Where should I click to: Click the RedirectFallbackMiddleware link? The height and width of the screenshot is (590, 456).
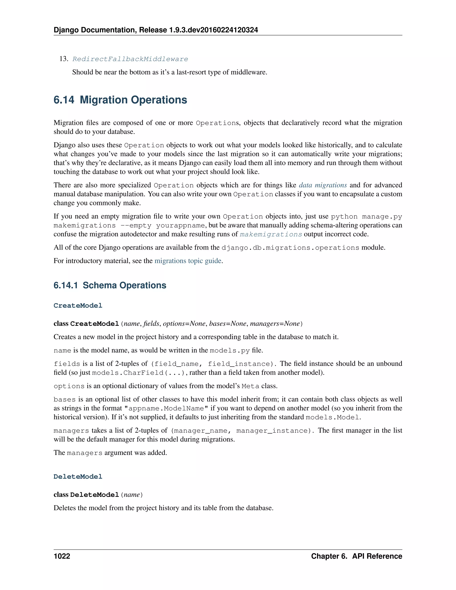pos(130,59)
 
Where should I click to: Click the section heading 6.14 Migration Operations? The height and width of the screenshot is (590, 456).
pos(120,100)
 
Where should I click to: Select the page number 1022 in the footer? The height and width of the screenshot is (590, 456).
pos(62,556)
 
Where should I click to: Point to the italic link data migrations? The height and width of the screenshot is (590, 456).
pos(323,185)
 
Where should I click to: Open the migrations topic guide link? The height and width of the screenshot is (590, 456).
pos(188,261)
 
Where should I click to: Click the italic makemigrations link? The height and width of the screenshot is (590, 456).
pos(271,234)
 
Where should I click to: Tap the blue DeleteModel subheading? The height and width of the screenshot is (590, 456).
pos(78,476)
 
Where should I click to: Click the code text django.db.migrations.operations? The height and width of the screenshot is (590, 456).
pos(290,248)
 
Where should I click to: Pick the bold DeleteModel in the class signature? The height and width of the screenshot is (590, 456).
pos(95,495)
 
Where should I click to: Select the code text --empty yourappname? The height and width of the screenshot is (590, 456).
pos(163,225)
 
